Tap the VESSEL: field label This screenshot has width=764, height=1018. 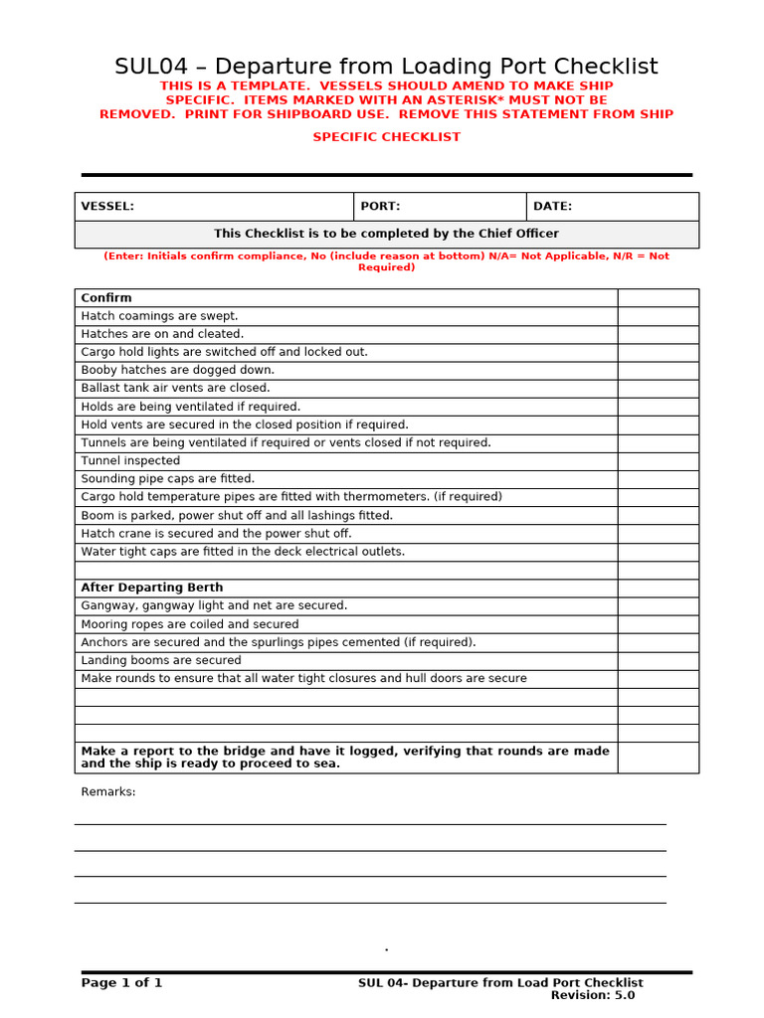[107, 207]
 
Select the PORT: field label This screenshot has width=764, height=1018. [380, 207]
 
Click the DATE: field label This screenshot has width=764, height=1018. [552, 207]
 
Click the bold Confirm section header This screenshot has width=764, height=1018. [106, 297]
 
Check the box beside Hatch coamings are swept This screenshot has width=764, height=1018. [658, 316]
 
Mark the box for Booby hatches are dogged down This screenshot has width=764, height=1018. [658, 370]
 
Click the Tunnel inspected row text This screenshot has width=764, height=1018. [130, 461]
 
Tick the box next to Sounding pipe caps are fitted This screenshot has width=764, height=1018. [658, 479]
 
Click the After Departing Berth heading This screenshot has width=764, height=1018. [152, 588]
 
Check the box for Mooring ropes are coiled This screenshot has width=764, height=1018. [658, 624]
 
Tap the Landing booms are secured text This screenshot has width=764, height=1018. [161, 660]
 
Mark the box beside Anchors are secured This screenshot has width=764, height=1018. [658, 642]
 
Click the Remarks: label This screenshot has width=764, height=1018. [108, 792]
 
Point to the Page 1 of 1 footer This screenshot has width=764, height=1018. [121, 983]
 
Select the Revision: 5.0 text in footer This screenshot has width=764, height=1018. [593, 995]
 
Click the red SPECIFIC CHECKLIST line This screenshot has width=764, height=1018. [387, 137]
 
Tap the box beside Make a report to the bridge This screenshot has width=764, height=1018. [658, 758]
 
